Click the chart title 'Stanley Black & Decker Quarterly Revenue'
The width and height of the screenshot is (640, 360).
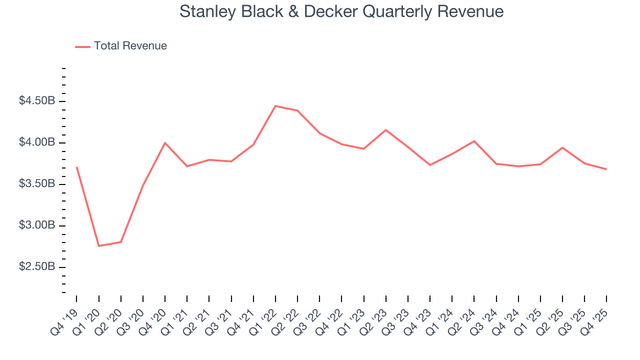[x=341, y=11]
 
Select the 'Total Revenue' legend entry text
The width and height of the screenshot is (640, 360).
[x=130, y=46]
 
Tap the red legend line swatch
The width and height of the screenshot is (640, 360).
[x=82, y=46]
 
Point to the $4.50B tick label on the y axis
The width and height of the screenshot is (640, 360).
[x=37, y=101]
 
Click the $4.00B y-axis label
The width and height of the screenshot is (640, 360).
[x=37, y=142]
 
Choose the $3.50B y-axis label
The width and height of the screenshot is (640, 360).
[x=37, y=184]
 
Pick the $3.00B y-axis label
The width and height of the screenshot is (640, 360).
[x=37, y=225]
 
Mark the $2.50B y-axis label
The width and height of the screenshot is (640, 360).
[x=37, y=267]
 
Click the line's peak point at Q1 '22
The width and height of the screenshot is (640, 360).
[x=275, y=106]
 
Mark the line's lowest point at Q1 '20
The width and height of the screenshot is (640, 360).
[x=98, y=246]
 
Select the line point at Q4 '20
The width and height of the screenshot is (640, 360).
[x=165, y=143]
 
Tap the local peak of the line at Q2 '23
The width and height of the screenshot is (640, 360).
[x=386, y=130]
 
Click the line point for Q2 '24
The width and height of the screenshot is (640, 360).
[x=474, y=141]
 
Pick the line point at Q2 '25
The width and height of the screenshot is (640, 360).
[x=562, y=147]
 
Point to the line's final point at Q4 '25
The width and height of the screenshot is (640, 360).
[x=606, y=169]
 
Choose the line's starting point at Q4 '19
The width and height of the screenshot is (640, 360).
[x=76, y=167]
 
